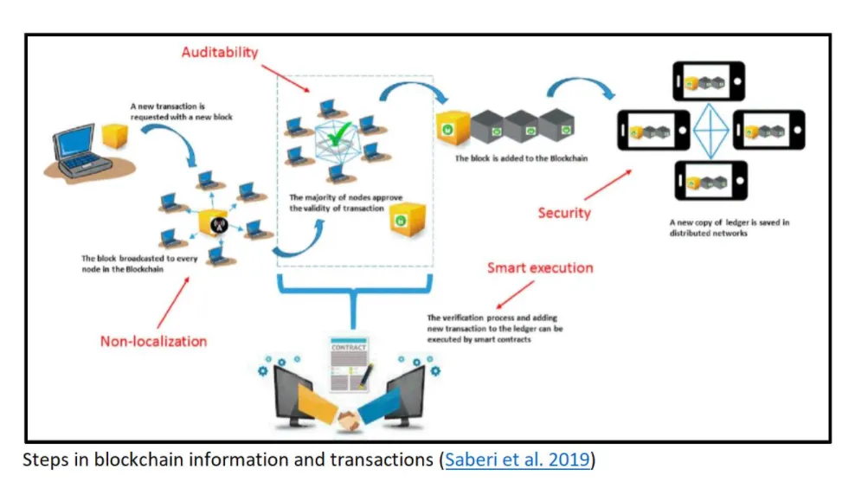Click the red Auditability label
pyautogui.click(x=219, y=52)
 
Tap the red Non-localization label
pyautogui.click(x=153, y=341)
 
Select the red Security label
pyautogui.click(x=563, y=212)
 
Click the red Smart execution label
pyautogui.click(x=539, y=267)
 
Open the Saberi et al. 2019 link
pyautogui.click(x=517, y=460)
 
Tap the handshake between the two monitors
pyautogui.click(x=350, y=421)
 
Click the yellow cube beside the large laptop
pyautogui.click(x=114, y=136)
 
